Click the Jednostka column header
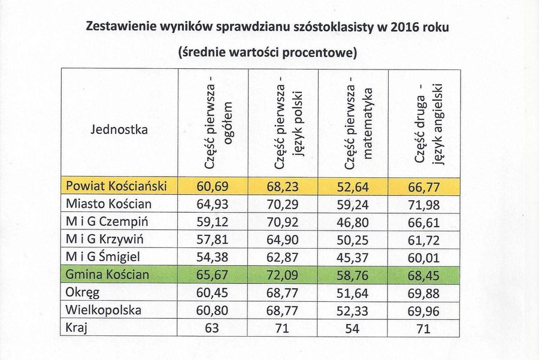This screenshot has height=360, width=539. [x=119, y=129]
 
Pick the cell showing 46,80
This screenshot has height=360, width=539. [x=353, y=222]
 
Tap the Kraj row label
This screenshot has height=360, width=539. [x=77, y=328]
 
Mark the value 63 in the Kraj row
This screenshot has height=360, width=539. [x=213, y=329]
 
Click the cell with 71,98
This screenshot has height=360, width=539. [x=423, y=204]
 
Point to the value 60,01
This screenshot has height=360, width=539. [x=423, y=258]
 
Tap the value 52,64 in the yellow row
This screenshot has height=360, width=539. [x=353, y=186]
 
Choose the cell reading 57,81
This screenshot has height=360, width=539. [x=213, y=240]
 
